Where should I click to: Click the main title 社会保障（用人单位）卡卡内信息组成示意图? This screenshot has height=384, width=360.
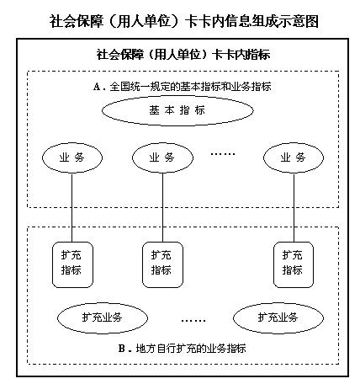[184, 21]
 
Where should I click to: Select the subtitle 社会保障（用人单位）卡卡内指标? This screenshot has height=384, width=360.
[183, 54]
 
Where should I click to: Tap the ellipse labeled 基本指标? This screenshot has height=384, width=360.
[177, 110]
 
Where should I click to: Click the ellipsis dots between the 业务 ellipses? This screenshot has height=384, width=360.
[223, 154]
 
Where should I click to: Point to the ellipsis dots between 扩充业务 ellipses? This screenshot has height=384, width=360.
[193, 320]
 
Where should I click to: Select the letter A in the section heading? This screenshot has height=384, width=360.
[97, 87]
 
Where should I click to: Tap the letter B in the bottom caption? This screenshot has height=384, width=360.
[122, 349]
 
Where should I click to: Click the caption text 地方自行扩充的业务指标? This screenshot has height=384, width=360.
[191, 349]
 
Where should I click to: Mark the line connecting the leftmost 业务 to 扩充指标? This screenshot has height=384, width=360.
[72, 207]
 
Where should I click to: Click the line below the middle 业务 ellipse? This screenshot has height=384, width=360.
[163, 207]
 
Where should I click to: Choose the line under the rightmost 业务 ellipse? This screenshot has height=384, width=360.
[294, 207]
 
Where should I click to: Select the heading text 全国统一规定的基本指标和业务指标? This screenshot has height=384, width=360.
[190, 87]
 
